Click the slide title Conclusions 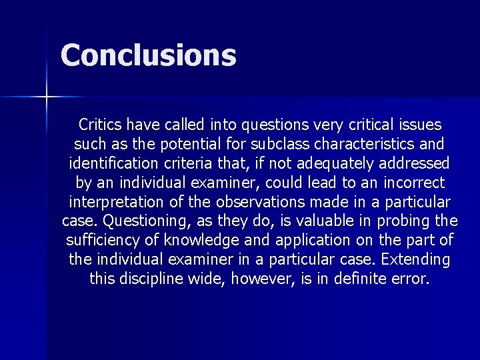pyautogui.click(x=148, y=55)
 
